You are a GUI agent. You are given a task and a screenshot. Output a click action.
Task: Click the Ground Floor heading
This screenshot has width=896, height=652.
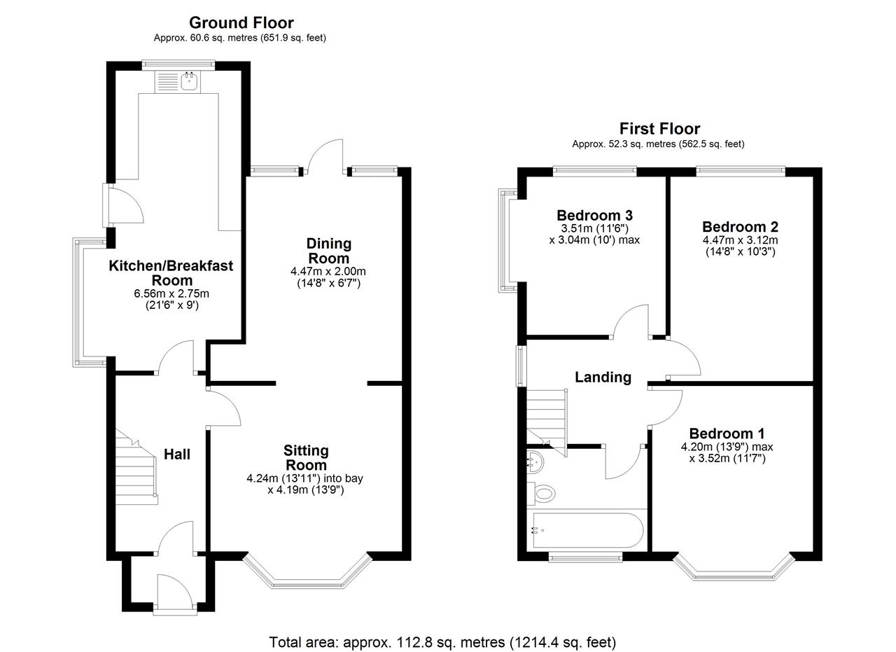tap(241, 23)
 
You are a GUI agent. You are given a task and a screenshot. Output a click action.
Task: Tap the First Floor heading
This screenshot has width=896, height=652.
tap(659, 129)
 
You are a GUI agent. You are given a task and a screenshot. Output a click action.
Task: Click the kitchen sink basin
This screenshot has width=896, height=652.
tap(189, 82)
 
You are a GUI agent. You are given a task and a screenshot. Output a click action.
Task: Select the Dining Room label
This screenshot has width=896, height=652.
tap(329, 251)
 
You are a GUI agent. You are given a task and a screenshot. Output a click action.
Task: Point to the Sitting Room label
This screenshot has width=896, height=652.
tap(307, 458)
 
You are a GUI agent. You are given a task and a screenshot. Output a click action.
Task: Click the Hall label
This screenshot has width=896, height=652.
tap(177, 455)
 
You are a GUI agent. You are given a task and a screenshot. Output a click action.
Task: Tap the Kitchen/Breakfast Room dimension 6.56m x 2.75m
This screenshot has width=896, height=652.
tap(171, 293)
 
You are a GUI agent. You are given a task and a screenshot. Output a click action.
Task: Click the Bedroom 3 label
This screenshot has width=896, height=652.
tap(594, 215)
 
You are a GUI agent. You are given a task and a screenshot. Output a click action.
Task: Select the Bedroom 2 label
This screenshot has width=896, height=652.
tap(740, 227)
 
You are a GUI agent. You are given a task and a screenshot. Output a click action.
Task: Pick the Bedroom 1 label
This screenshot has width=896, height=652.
tap(727, 433)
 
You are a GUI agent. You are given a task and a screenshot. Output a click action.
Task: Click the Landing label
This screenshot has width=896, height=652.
tap(603, 377)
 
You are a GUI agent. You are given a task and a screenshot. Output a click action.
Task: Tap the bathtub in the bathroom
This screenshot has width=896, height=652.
tap(587, 530)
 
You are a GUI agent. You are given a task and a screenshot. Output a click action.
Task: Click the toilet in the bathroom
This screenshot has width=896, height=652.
tap(542, 493)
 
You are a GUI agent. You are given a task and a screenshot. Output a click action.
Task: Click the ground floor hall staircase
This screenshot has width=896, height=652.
tap(136, 467)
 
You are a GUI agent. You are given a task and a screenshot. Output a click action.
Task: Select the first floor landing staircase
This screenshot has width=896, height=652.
tap(547, 423)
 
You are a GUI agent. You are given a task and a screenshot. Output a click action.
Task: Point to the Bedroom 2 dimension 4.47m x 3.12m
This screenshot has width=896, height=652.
tap(740, 240)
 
